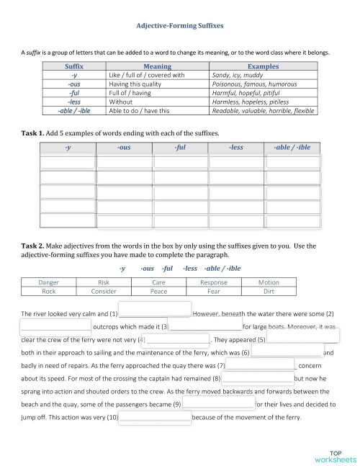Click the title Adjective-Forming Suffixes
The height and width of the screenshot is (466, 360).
[180, 24]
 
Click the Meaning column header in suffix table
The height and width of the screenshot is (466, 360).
[157, 66]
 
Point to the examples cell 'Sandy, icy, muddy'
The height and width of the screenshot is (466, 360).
[237, 74]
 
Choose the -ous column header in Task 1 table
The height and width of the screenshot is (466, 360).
[124, 148]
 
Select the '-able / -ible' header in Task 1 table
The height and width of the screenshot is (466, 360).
[292, 148]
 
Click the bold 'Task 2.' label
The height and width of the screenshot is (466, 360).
[34, 246]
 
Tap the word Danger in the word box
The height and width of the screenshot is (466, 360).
[50, 282]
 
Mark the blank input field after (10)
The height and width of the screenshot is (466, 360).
[155, 437]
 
